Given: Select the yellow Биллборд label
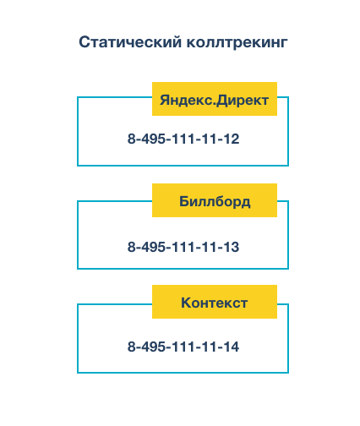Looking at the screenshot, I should pyautogui.click(x=215, y=201).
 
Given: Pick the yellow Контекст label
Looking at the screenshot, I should pyautogui.click(x=215, y=303).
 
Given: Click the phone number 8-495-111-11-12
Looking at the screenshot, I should pyautogui.click(x=183, y=139).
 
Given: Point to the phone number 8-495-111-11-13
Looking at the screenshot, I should pyautogui.click(x=183, y=248).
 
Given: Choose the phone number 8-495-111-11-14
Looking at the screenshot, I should pyautogui.click(x=183, y=347).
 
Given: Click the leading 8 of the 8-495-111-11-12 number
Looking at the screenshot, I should pyautogui.click(x=132, y=139).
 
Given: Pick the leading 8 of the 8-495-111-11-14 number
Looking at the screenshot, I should pyautogui.click(x=132, y=347).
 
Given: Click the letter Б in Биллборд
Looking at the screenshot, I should pyautogui.click(x=185, y=201).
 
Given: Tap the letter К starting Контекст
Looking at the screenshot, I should pyautogui.click(x=186, y=303).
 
